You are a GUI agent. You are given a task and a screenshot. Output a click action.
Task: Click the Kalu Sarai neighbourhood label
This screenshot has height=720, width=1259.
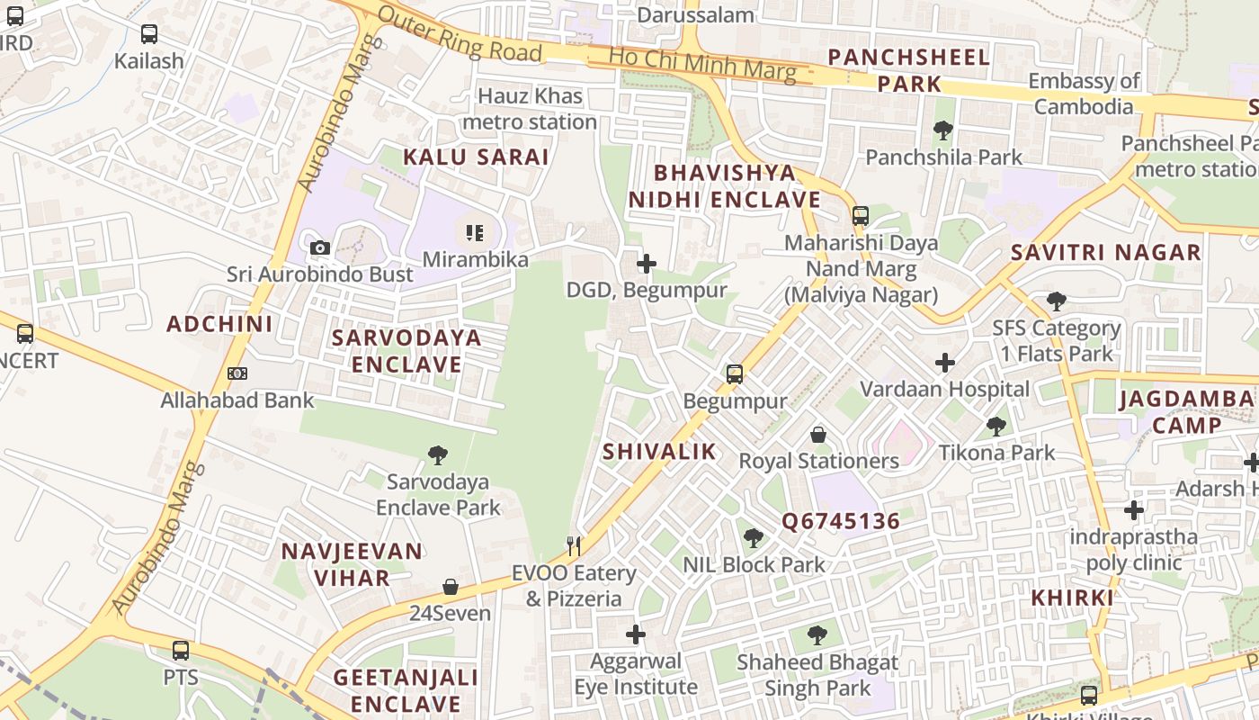476,157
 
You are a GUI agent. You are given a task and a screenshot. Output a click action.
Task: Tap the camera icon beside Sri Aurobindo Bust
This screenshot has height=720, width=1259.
319,247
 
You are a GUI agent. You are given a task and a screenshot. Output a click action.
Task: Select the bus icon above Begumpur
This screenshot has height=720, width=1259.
735,373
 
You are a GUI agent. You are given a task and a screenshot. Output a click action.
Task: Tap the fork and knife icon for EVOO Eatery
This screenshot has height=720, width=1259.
574,545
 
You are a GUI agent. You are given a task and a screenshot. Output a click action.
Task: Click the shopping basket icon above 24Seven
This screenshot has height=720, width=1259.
451,587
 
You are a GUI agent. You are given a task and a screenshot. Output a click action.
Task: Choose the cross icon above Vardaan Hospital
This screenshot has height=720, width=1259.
944,363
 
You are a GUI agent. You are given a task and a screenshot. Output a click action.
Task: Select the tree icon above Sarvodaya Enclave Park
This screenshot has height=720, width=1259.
438,454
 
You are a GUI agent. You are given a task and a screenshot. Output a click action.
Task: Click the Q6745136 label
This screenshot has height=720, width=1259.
840,522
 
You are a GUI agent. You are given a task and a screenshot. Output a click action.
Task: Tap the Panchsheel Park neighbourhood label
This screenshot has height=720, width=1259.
908,70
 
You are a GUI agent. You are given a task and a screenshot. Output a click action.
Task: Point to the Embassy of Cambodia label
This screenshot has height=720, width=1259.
1084,94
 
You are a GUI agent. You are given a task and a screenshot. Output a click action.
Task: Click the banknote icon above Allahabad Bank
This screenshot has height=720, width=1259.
237,373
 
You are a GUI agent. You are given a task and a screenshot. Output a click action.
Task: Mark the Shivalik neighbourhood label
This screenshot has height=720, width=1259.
659,452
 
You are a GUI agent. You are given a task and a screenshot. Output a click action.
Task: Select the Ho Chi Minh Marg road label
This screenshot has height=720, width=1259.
701,63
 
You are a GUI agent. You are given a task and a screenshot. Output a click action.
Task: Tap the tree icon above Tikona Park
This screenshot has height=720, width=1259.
996,426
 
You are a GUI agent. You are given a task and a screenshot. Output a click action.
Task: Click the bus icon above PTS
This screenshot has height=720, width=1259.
181,650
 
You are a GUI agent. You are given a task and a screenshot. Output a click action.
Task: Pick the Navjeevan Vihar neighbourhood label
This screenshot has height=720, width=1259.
351,564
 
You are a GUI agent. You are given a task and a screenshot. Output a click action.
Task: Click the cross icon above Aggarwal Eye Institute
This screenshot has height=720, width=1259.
636,634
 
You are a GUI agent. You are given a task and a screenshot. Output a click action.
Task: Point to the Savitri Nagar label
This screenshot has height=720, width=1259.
1105,253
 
